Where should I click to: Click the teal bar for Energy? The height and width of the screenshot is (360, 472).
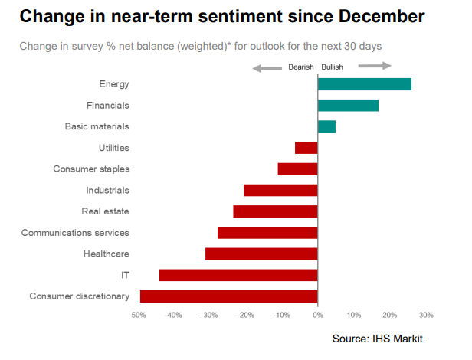(365, 84)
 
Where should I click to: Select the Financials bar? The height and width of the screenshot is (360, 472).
(348, 106)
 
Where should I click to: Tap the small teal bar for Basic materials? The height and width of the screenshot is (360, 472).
(326, 126)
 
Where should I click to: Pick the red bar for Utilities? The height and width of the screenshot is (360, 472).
(306, 148)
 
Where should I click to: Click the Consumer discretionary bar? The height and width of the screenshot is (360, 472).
(229, 296)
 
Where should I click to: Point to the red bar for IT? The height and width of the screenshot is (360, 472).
(238, 275)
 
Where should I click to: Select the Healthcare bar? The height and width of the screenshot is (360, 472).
(261, 254)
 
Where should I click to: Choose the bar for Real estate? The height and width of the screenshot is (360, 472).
(275, 211)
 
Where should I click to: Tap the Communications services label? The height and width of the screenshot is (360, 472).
(75, 233)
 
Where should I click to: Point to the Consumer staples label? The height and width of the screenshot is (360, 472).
(91, 169)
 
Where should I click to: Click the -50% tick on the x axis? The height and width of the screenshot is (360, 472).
(138, 315)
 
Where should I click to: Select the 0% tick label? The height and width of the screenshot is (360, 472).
(318, 315)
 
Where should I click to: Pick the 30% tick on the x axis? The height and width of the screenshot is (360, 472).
(427, 315)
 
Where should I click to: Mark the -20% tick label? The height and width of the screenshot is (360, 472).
(246, 315)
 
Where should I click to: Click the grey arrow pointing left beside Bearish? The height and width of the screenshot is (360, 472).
(267, 68)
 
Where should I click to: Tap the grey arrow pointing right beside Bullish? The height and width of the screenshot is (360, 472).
(375, 67)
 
